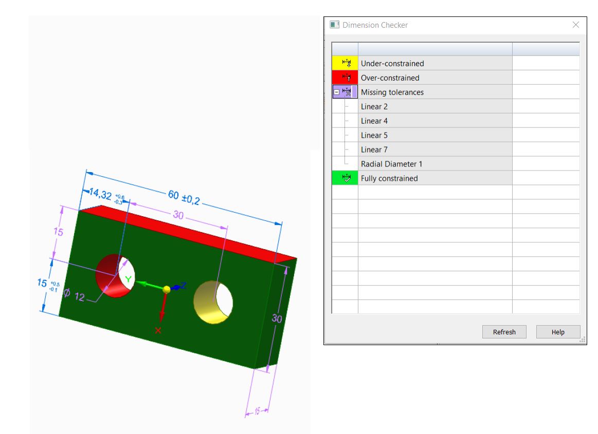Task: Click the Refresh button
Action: click(504, 332)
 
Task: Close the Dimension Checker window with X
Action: click(576, 25)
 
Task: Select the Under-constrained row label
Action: click(392, 64)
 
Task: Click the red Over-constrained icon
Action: click(345, 78)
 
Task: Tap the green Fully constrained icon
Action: click(345, 178)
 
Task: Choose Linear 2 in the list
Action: click(374, 107)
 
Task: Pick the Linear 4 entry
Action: click(374, 121)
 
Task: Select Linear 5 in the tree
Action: click(374, 136)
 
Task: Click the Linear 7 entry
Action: click(374, 150)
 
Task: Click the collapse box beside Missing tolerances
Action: click(337, 92)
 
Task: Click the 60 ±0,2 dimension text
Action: click(183, 197)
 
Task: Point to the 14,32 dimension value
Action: click(100, 194)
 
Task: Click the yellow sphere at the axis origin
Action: click(166, 290)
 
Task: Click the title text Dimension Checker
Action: click(375, 25)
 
